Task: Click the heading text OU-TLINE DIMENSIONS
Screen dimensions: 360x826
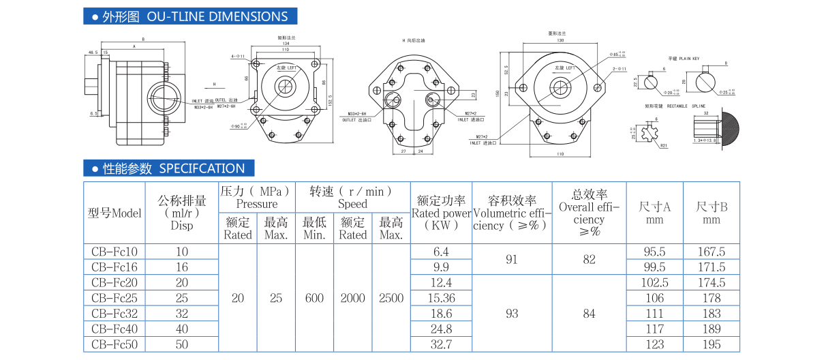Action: coord(217,16)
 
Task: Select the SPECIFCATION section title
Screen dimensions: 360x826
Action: coord(202,168)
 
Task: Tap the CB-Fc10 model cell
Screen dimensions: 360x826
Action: coord(114,252)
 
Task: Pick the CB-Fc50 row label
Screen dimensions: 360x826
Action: coord(114,344)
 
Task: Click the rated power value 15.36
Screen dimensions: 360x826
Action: coord(441,298)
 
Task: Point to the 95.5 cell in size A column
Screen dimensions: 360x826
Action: coord(654,252)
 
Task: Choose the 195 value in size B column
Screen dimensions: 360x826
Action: coord(711,344)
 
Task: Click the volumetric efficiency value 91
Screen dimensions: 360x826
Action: coord(512,259)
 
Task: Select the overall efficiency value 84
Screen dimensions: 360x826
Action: coord(589,314)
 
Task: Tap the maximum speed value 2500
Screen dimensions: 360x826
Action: coord(391,298)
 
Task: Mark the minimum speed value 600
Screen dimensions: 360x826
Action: coord(314,298)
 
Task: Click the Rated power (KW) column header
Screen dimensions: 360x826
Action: coord(441,212)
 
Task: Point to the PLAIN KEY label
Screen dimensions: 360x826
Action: coord(689,59)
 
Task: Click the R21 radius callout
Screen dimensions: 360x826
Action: coord(662,145)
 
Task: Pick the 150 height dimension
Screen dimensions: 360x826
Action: coord(498,93)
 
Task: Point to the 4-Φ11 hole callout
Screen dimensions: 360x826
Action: coord(237,56)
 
